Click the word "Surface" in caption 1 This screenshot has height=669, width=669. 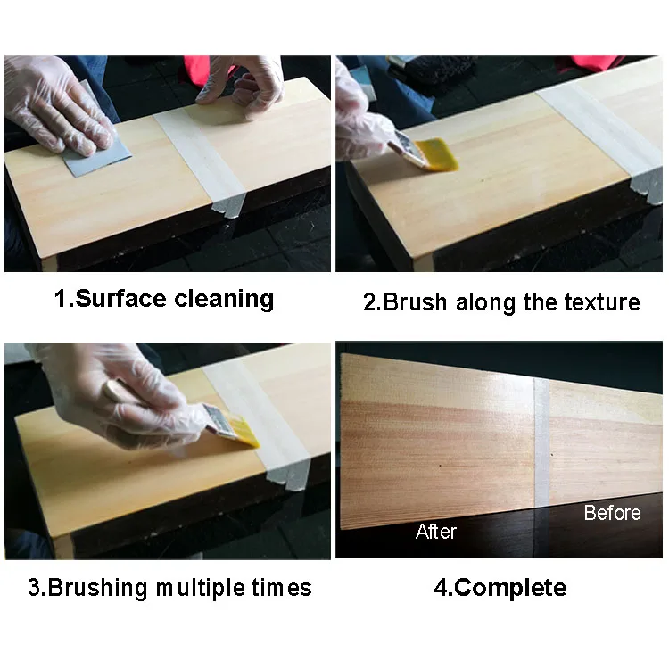[120, 298]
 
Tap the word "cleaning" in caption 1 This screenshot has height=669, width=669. [224, 299]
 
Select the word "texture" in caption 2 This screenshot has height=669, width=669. [602, 302]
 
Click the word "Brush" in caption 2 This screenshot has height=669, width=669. [415, 302]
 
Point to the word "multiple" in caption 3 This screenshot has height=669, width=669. [201, 588]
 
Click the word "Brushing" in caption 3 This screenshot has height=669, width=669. [98, 588]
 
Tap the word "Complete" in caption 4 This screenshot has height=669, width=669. [510, 588]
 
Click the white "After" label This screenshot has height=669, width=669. [436, 532]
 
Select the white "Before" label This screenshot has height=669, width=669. [612, 512]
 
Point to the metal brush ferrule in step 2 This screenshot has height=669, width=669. [407, 147]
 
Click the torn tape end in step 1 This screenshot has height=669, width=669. [228, 205]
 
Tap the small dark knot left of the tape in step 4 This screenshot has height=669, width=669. [441, 465]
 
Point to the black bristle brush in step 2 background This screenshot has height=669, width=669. [442, 72]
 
